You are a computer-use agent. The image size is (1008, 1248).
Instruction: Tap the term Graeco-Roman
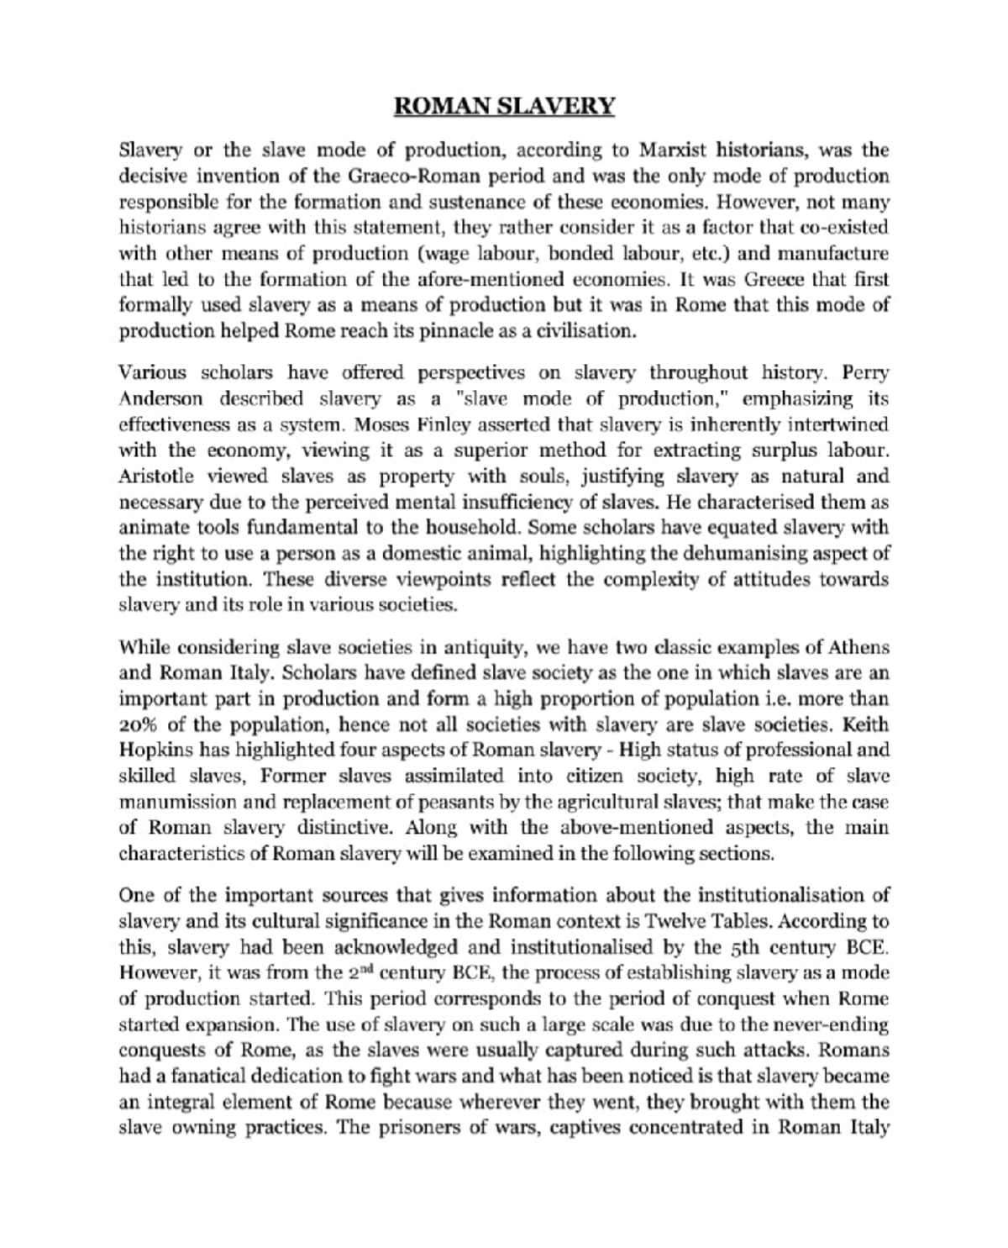click(400, 176)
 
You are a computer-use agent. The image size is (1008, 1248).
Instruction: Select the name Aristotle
click(156, 477)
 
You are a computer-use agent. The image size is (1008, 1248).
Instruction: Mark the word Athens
click(859, 648)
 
